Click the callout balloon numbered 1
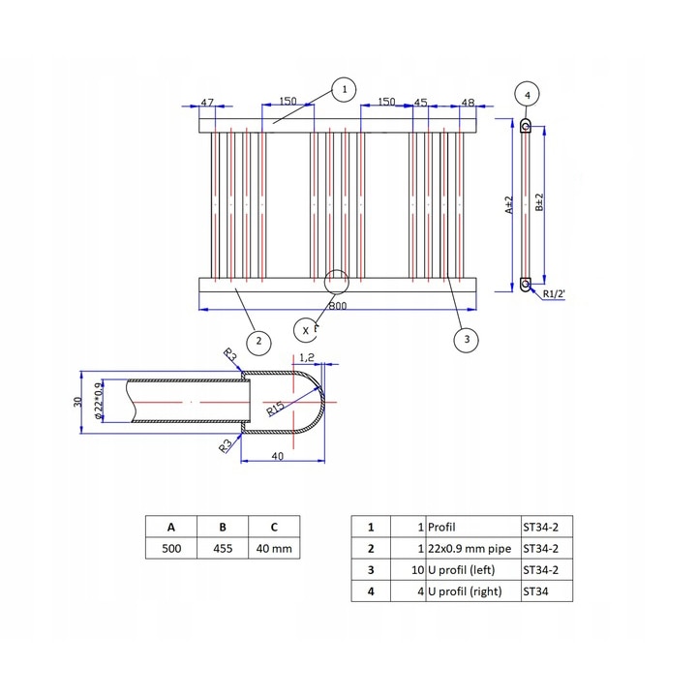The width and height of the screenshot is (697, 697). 342,89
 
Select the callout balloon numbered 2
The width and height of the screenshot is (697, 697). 257,341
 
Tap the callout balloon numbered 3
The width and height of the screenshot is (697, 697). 467,339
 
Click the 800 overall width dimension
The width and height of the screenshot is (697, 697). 337,306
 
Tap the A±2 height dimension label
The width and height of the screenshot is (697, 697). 508,205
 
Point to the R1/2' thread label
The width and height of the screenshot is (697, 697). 554,294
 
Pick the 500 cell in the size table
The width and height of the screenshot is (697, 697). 170,549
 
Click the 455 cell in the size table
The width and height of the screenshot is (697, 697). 223,549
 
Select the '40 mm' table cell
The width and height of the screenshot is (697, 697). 274,549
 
